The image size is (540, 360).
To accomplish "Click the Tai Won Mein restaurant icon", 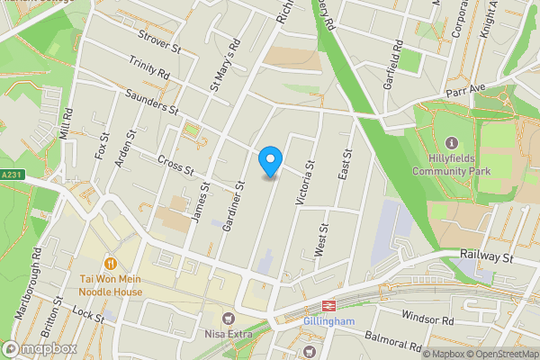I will [x=110, y=264].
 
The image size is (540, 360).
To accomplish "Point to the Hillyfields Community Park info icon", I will [x=451, y=144].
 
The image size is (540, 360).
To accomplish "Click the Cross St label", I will [x=175, y=164].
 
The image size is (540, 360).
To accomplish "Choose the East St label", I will [x=342, y=165].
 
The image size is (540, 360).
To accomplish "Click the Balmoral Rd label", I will [x=394, y=340].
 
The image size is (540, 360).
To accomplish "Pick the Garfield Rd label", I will [x=396, y=58].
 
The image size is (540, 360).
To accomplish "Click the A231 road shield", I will [x=11, y=175].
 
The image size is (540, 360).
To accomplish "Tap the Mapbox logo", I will [x=40, y=348].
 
